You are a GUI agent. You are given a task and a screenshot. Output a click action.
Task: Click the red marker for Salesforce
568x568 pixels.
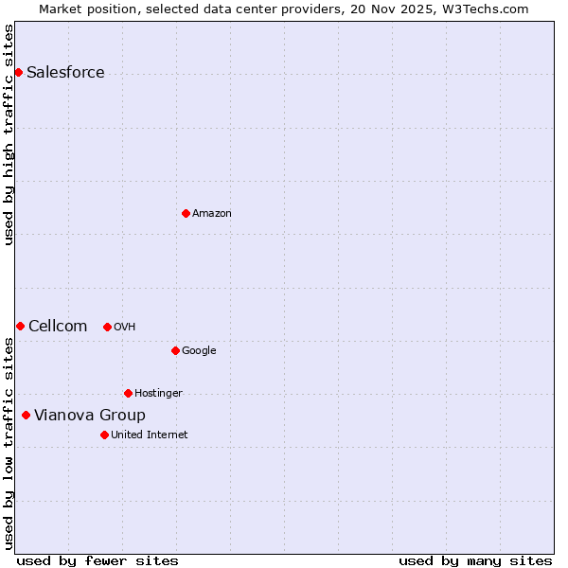(x=18, y=72)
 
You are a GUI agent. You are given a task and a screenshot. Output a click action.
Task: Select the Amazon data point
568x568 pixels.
(x=186, y=213)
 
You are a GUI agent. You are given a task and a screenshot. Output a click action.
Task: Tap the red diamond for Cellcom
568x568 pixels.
(x=20, y=326)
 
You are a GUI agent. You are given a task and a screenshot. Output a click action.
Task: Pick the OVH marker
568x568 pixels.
(x=107, y=327)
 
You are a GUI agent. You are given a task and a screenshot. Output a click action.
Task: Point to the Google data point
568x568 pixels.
(x=175, y=350)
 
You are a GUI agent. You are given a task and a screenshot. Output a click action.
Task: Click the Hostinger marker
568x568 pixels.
(x=128, y=393)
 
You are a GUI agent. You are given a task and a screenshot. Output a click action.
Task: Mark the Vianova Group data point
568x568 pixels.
(x=26, y=415)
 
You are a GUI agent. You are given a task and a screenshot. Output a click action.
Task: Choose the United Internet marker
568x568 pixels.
(x=104, y=435)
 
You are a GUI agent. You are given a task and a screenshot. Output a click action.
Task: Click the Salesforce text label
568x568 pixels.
(x=65, y=73)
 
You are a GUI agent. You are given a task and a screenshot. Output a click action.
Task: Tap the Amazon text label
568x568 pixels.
(x=212, y=214)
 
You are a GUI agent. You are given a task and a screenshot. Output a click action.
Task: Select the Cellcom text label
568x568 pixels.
(x=58, y=327)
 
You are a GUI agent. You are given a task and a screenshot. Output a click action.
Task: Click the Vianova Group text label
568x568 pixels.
(x=90, y=416)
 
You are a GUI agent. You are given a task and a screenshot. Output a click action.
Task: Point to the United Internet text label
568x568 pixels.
(x=150, y=435)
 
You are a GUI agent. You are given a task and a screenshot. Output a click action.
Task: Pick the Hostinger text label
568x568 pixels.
(x=158, y=394)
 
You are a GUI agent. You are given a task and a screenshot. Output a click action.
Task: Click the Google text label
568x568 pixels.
(x=199, y=351)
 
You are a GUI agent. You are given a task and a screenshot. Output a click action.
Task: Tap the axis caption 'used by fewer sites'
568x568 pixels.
(x=98, y=560)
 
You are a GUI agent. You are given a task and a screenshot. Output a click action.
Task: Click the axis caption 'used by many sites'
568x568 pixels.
(x=475, y=560)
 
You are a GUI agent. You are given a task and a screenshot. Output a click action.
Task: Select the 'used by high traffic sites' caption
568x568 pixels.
(x=9, y=134)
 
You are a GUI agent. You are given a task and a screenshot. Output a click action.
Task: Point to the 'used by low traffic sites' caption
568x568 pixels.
(x=9, y=443)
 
